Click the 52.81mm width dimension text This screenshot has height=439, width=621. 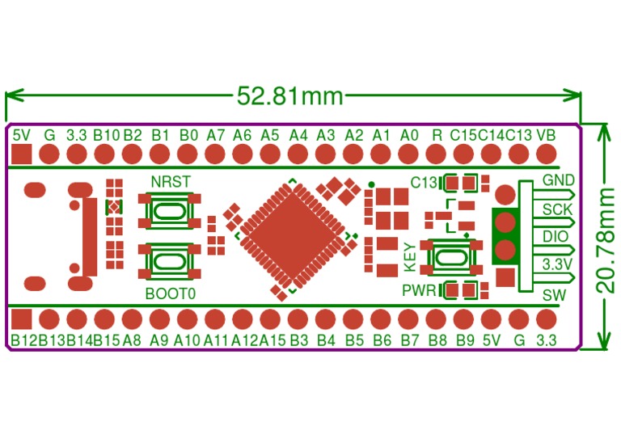point(290,96)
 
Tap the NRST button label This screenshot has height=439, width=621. point(171,181)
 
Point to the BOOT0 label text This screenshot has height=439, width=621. point(171,293)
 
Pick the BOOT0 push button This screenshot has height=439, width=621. point(169,260)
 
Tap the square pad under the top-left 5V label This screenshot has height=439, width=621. point(22,154)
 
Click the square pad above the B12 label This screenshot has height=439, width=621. point(22,318)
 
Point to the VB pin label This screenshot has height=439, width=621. point(546,134)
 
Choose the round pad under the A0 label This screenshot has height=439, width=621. point(409,154)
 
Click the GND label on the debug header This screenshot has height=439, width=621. point(559,179)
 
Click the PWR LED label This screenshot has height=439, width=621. point(419,289)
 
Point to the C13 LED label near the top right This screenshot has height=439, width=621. point(425,181)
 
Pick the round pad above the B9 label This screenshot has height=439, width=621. point(465,318)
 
